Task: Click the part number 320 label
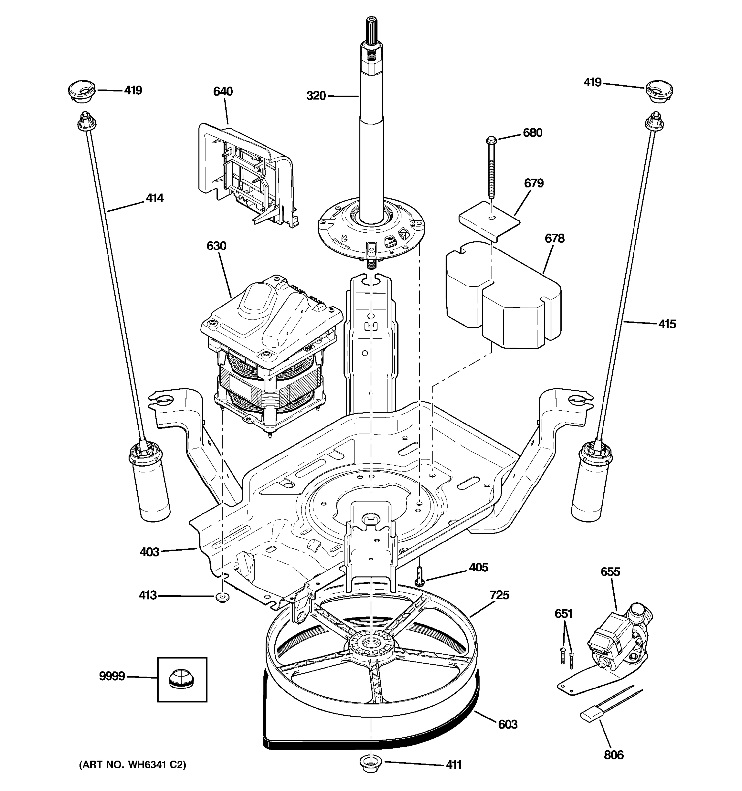[316, 96]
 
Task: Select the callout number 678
[554, 238]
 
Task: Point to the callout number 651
[563, 614]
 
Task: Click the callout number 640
[223, 92]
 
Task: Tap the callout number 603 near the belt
[508, 724]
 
